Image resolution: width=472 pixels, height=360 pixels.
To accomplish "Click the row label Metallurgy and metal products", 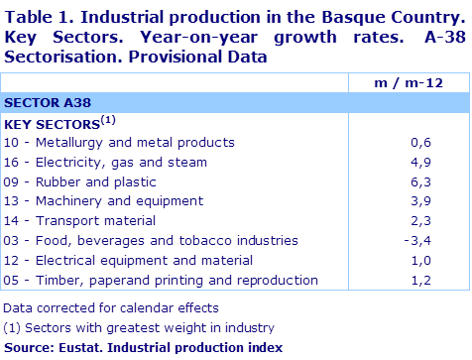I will click(x=119, y=143).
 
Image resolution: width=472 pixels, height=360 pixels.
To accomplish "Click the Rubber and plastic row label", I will click(x=80, y=181).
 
